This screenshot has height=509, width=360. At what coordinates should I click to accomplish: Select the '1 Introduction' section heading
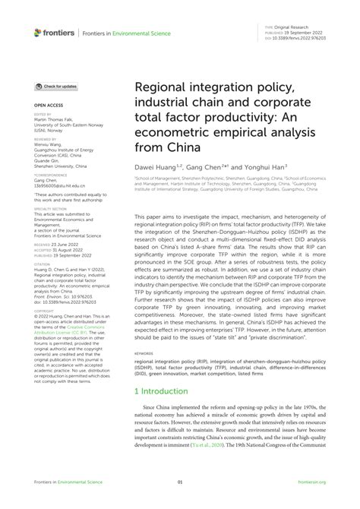[x=163, y=394]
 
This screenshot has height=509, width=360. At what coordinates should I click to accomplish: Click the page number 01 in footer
[x=180, y=502]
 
